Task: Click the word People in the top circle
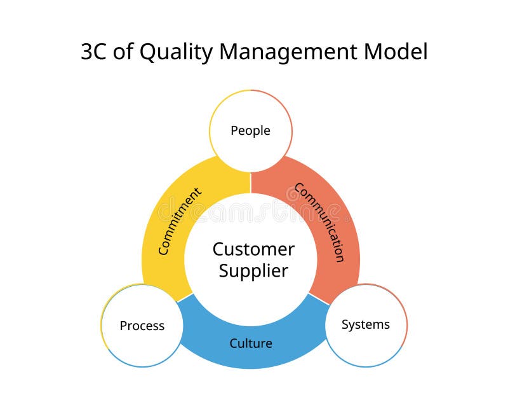tap(250, 131)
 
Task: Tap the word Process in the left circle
tap(142, 326)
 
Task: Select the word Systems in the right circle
tap(365, 325)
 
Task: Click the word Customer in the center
tap(253, 249)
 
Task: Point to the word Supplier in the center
tap(253, 271)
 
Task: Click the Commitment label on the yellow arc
tap(180, 221)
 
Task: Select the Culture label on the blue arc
tap(251, 343)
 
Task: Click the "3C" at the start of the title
tap(95, 52)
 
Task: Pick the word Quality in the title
tap(169, 52)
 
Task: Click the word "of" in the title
tap(124, 52)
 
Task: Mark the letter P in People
tap(234, 131)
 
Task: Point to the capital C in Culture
tap(234, 343)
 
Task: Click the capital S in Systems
tap(345, 325)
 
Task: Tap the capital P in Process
tap(123, 326)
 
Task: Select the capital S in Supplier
tap(224, 271)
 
